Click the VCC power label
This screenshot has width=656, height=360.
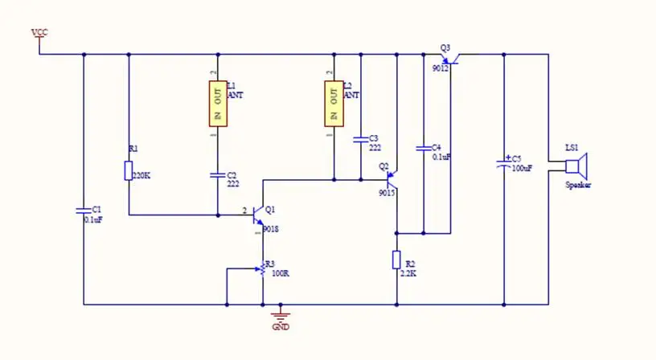(x=39, y=32)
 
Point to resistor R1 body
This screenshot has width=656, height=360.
(x=129, y=170)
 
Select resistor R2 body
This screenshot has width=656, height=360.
(x=396, y=260)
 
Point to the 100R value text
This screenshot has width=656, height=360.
(x=281, y=273)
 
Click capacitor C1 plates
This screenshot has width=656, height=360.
(x=84, y=211)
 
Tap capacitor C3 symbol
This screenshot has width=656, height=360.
(x=361, y=140)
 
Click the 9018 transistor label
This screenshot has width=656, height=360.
(x=270, y=229)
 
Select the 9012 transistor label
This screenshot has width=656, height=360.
(x=440, y=69)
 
